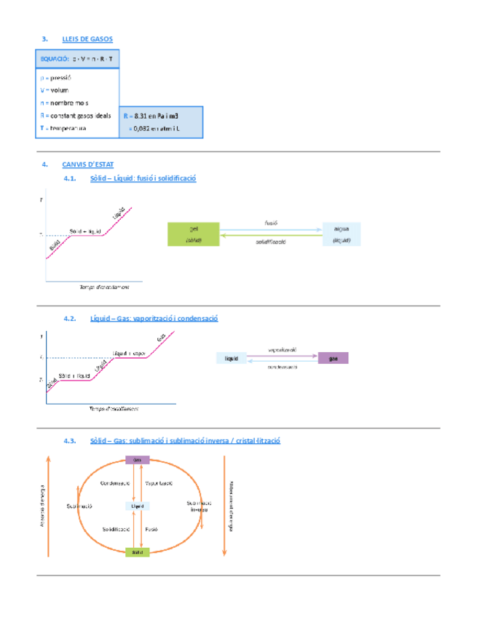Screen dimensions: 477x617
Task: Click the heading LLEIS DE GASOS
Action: [x=87, y=39]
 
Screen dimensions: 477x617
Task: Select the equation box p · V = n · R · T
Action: [x=77, y=57]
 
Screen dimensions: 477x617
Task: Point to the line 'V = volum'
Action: [x=55, y=90]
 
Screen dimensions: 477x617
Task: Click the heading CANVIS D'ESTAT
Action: [x=88, y=164]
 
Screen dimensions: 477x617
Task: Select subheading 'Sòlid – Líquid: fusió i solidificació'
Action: [x=143, y=178]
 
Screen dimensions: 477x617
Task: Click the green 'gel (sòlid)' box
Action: [x=193, y=234]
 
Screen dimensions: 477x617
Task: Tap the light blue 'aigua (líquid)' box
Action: [x=341, y=234]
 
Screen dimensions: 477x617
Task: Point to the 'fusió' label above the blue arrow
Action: [x=271, y=223]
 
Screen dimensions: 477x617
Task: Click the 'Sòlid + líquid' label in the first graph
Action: [x=84, y=231]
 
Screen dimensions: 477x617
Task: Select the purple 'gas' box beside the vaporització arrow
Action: [x=333, y=358]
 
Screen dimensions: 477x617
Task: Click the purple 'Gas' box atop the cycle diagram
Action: [x=138, y=459]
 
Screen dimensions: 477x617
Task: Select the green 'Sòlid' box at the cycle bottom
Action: [x=138, y=552]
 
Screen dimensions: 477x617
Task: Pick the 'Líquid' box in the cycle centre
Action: [x=138, y=506]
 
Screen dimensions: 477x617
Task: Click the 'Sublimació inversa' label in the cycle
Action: [x=199, y=506]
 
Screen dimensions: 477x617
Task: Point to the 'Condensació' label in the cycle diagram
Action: [x=114, y=482]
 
